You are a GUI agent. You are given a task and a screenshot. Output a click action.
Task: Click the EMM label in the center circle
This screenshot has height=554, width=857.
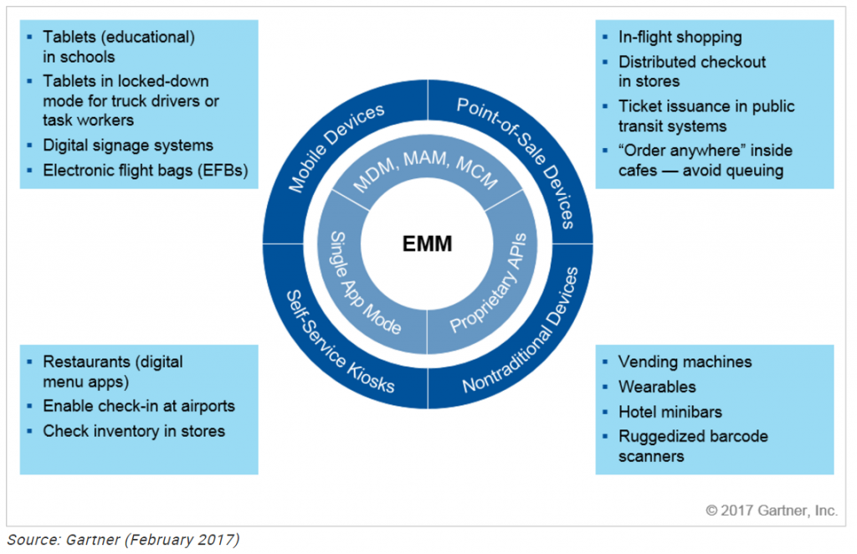point(428,244)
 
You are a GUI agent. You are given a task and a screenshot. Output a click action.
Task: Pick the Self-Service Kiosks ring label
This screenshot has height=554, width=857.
point(339,342)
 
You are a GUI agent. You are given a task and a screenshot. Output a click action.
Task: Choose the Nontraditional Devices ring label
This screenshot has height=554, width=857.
point(520,331)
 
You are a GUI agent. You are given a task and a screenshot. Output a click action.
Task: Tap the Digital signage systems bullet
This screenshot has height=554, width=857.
point(128,145)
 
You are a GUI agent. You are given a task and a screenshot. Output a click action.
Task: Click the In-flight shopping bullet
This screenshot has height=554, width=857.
point(680,37)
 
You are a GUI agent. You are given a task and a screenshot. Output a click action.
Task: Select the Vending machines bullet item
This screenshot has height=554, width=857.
point(685,362)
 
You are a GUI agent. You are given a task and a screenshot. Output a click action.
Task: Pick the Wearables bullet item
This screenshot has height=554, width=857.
point(657,387)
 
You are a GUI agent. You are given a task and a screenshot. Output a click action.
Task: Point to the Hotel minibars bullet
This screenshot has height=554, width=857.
point(670,411)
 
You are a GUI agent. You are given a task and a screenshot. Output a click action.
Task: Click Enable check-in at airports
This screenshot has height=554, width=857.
point(139,406)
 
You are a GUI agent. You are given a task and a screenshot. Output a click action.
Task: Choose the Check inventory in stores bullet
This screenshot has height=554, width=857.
point(134,431)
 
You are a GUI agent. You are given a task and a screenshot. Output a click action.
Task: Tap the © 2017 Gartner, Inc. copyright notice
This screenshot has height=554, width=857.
point(771,510)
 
